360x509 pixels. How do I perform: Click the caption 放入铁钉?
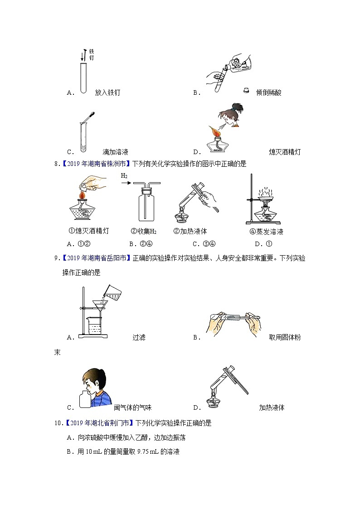tap(107, 92)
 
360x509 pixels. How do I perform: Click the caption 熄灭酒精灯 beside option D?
tap(284, 152)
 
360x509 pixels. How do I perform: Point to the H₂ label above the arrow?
tap(124, 175)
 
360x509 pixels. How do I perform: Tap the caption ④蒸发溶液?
tap(267, 232)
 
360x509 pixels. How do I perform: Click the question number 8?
tap(57, 164)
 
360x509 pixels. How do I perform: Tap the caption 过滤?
tap(139, 337)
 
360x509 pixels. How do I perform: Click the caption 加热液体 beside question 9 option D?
tap(272, 407)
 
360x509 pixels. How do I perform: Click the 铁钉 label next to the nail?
tap(92, 55)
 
